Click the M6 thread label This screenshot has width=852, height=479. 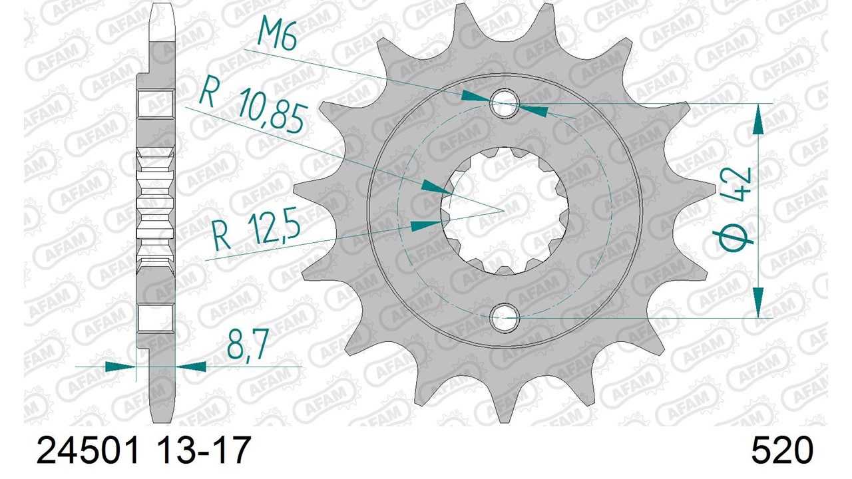pos(276,35)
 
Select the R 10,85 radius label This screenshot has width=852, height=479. pos(252,107)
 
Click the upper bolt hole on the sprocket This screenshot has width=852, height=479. pos(505,103)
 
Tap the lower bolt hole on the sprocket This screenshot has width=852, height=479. pos(505,318)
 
